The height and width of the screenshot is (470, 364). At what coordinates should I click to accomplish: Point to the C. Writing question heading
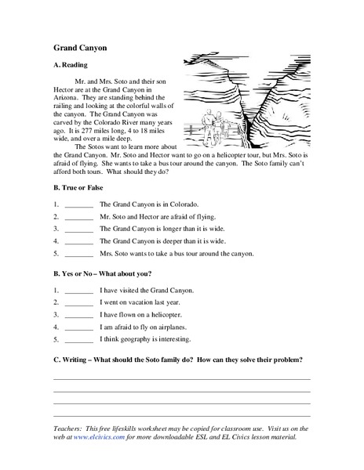coord(178,359)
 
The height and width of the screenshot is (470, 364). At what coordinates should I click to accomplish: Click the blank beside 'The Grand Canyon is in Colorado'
coord(79,204)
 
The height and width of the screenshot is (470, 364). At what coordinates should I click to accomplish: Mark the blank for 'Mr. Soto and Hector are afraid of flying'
coord(79,217)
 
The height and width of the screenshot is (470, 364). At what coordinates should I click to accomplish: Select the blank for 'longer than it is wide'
coord(79,230)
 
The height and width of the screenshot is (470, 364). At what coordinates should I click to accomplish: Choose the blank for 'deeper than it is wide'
coord(79,242)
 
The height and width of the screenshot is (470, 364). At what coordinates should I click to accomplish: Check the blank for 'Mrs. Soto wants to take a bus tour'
coord(79,255)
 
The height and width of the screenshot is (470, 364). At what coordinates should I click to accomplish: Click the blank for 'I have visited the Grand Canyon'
coord(79,291)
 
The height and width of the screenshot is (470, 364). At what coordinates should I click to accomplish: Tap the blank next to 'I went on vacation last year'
coord(79,303)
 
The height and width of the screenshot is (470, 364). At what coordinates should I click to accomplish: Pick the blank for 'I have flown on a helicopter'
coord(79,316)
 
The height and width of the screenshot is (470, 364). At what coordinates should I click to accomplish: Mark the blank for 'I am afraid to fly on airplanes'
coord(79,328)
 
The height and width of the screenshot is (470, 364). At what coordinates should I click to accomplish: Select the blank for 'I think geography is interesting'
coord(79,341)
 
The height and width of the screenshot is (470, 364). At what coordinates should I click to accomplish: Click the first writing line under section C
coord(181,378)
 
